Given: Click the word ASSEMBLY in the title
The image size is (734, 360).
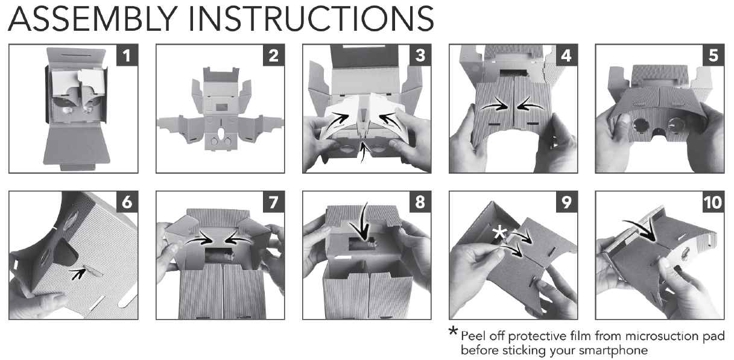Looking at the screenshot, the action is (93, 19).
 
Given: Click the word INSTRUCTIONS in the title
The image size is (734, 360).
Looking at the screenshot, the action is (312, 19).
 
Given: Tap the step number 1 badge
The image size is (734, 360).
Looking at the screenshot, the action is (127, 55).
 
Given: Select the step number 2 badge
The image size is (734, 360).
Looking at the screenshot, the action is (274, 55).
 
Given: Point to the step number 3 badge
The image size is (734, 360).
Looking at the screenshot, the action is (420, 55).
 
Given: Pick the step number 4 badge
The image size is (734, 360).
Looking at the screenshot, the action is (566, 55).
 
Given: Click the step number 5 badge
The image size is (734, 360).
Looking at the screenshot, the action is (713, 55).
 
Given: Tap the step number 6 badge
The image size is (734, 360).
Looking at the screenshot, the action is (127, 202).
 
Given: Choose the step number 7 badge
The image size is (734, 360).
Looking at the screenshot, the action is (274, 202).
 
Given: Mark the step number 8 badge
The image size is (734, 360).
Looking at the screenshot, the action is (420, 202).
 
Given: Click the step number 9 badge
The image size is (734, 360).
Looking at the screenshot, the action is (566, 202).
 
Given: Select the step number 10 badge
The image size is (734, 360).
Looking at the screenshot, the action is (713, 202).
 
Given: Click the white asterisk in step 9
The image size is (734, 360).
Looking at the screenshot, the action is (500, 232).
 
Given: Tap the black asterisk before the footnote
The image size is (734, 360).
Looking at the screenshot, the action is (454, 331).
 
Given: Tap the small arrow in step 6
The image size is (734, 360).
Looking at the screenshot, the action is (78, 274).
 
